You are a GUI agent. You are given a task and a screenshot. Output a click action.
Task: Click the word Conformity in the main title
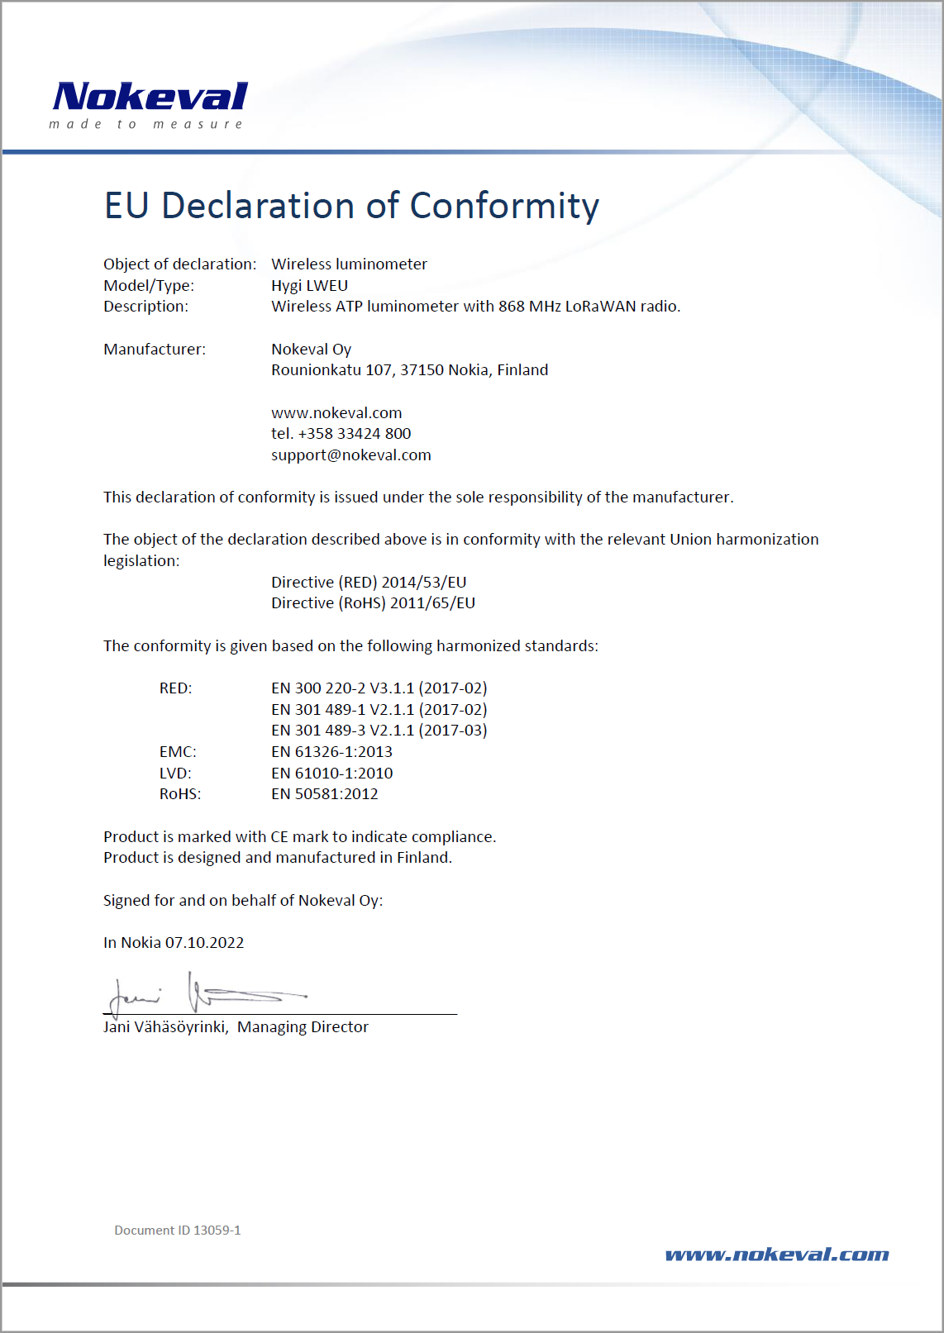(504, 206)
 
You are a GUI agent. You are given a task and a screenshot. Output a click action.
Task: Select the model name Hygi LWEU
(309, 286)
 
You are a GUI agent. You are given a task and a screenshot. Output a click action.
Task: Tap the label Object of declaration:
(179, 264)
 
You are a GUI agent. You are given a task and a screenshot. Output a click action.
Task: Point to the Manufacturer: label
(155, 350)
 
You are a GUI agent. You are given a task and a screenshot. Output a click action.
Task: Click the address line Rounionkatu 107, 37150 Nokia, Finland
(409, 370)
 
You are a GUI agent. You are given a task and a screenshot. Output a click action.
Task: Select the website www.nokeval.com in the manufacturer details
(336, 413)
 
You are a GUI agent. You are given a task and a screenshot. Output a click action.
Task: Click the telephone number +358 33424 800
(354, 434)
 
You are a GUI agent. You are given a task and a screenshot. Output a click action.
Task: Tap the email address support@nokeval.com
(350, 455)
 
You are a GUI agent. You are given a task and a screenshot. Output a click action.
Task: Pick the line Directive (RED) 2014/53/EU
(369, 583)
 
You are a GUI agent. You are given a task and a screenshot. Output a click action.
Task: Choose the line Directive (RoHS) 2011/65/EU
(373, 603)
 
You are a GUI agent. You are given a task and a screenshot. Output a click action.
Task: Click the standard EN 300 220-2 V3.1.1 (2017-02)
(379, 688)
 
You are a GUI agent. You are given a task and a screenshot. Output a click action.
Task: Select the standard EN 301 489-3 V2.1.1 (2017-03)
(379, 731)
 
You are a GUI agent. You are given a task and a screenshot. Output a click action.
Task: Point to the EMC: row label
(178, 752)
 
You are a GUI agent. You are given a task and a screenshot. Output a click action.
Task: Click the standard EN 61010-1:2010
(331, 774)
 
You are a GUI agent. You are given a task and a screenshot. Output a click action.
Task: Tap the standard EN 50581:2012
(324, 794)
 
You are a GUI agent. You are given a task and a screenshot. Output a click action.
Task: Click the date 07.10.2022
(204, 943)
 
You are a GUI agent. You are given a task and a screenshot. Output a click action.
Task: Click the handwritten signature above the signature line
(207, 994)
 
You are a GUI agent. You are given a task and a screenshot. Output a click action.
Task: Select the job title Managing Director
(303, 1027)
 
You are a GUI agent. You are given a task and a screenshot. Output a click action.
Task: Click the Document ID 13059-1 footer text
(178, 1231)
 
